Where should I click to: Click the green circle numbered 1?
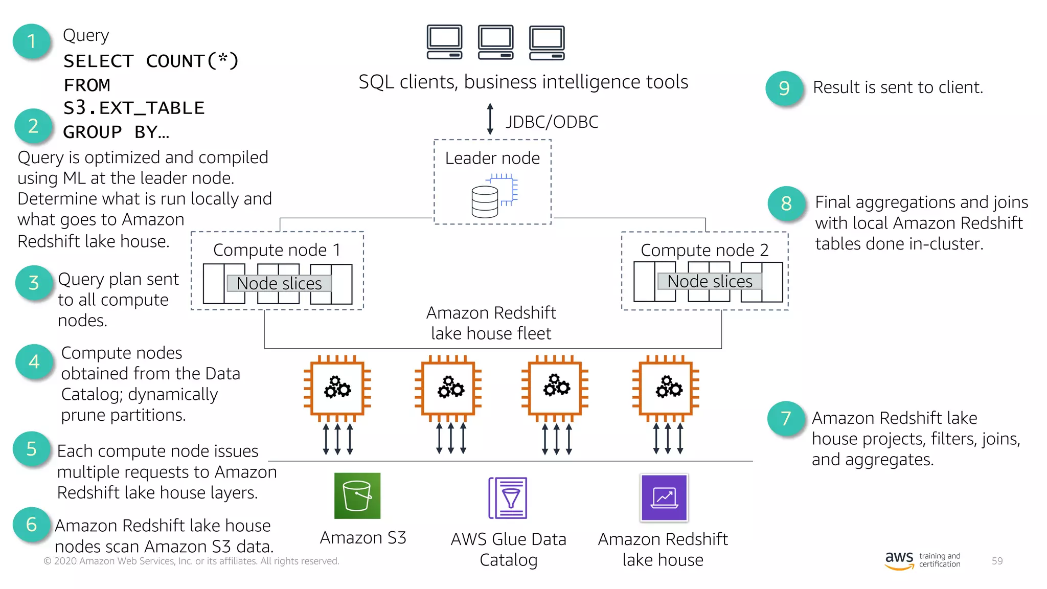[x=32, y=41]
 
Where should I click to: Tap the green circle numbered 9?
[x=784, y=88]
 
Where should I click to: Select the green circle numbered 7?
[x=786, y=419]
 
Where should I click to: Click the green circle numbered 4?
[x=34, y=362]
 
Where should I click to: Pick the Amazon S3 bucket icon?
[x=357, y=496]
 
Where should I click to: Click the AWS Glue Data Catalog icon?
[x=508, y=498]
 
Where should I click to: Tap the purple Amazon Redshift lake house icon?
[x=664, y=497]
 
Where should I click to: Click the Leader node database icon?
[x=493, y=196]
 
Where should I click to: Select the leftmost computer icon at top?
[x=444, y=42]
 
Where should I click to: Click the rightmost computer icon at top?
[x=547, y=42]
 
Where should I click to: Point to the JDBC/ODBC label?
[x=552, y=122]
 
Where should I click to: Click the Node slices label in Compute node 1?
[x=279, y=283]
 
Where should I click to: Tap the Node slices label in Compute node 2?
[x=710, y=281]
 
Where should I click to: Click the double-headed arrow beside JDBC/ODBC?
[x=490, y=119]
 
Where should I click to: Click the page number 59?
[x=997, y=561]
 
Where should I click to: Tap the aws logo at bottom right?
[x=899, y=560]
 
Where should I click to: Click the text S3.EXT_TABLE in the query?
[x=134, y=108]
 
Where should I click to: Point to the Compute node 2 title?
[x=704, y=250]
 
